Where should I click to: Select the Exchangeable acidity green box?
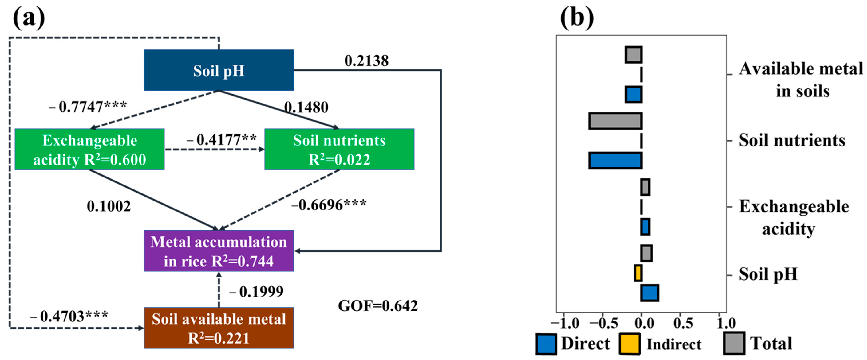(x=89, y=149)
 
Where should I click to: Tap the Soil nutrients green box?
(x=339, y=149)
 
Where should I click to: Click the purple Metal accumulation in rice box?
(x=219, y=251)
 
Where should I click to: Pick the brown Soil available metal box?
(x=219, y=328)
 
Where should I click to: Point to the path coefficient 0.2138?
(x=367, y=61)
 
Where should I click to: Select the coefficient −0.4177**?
(x=221, y=140)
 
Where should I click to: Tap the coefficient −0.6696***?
(x=329, y=205)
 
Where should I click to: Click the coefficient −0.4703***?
(x=69, y=316)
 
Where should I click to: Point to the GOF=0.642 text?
(x=378, y=306)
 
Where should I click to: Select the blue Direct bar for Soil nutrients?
(x=615, y=161)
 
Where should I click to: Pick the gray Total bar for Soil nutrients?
(x=615, y=121)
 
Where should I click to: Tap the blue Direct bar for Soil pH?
(x=650, y=293)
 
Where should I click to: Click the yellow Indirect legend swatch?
(x=629, y=344)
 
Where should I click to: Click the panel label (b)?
(x=577, y=18)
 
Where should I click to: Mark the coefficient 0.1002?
(x=109, y=206)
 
